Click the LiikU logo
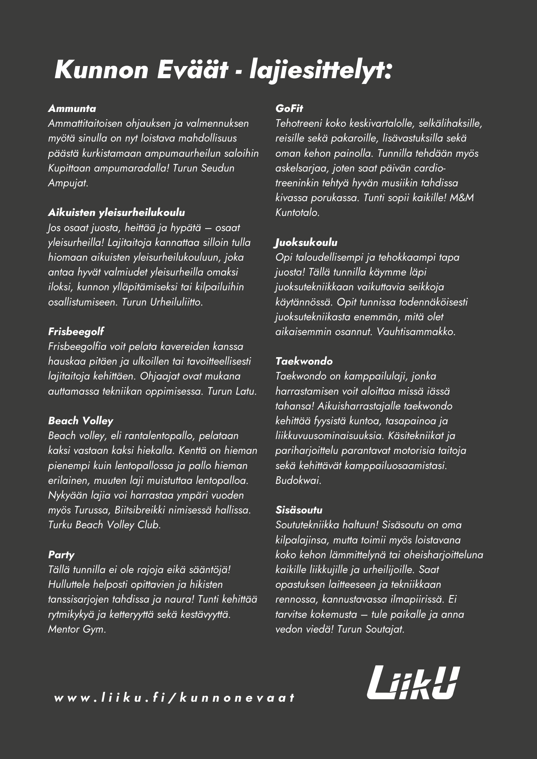tap(413, 683)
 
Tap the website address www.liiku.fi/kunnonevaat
tap(174, 698)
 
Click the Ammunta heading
tap(72, 109)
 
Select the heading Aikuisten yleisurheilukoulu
tap(116, 213)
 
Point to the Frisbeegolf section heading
tap(76, 332)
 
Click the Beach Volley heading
tap(81, 421)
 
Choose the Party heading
tap(61, 555)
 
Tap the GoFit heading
tap(289, 109)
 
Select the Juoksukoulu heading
tap(306, 243)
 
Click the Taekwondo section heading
tap(304, 361)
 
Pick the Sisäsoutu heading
tap(299, 510)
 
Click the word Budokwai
tap(298, 480)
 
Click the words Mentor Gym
tap(76, 629)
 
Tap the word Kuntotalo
tap(297, 213)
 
